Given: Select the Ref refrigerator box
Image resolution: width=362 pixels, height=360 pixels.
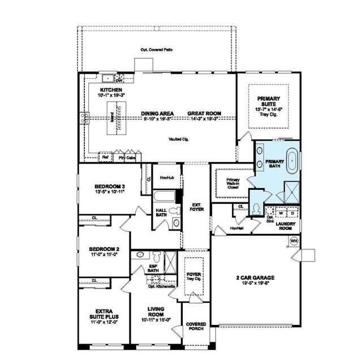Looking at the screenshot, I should (105, 158).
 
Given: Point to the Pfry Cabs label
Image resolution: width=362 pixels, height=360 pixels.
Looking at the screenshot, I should (127, 158).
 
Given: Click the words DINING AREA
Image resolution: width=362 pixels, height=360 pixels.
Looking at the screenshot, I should (157, 114).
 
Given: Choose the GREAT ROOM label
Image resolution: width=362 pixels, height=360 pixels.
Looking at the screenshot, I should (204, 114).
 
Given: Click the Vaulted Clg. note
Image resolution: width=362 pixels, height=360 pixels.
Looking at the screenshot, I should (180, 139).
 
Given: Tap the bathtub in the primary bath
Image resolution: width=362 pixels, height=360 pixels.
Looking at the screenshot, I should (292, 161).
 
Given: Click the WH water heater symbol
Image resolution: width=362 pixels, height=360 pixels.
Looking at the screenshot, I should (293, 241).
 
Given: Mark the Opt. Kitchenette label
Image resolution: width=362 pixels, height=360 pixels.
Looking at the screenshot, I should (160, 287).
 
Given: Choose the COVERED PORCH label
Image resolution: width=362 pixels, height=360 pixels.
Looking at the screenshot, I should (196, 327).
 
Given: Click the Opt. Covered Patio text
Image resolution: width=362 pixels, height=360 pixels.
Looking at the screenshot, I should (157, 50).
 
